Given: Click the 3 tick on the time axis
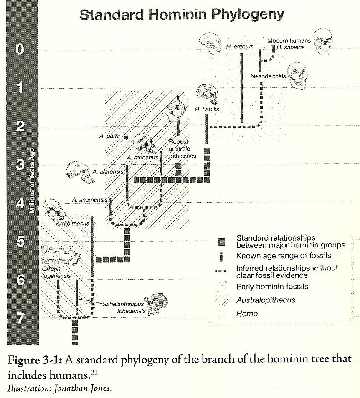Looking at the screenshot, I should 20,165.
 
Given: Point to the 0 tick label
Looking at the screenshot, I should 20,50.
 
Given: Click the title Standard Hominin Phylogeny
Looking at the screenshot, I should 182,15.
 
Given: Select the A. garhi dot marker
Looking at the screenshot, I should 125,137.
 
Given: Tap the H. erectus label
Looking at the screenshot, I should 240,46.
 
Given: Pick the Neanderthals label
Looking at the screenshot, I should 268,76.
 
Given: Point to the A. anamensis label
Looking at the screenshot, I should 90,199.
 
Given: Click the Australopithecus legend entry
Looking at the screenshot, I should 266,300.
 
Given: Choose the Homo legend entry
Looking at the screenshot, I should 247,313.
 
